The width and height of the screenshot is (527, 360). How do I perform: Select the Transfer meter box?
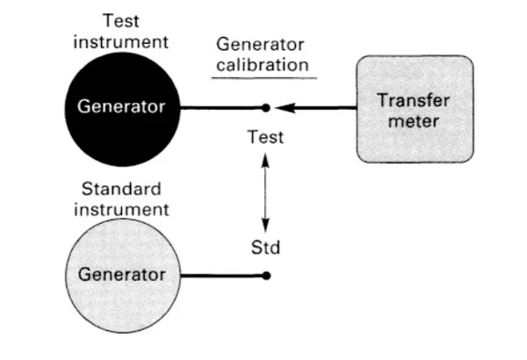click(x=414, y=109)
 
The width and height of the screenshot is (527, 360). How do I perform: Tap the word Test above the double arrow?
click(x=265, y=138)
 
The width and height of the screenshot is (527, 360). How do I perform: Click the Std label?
click(x=265, y=248)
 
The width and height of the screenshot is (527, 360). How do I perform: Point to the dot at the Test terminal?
click(x=266, y=108)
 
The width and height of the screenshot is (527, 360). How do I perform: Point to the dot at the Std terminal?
click(x=266, y=275)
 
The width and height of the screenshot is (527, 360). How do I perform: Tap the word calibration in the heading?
click(x=263, y=64)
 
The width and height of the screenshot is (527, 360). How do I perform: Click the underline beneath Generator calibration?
click(x=263, y=78)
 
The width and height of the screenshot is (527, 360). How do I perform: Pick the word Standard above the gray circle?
click(x=121, y=190)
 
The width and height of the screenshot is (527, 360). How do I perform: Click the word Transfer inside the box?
click(x=414, y=100)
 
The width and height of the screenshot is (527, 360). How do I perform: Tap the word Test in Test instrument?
click(x=121, y=21)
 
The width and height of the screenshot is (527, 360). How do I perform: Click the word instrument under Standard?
click(x=121, y=209)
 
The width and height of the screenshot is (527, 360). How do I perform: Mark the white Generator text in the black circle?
click(x=121, y=108)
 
